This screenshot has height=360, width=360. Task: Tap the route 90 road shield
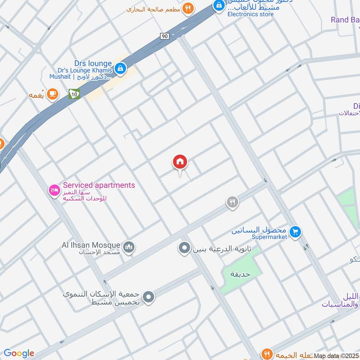pos(163,36)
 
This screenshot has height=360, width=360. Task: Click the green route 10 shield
pos(74,94)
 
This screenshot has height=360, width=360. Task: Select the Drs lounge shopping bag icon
pos(120,69)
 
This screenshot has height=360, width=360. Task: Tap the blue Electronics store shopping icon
pos(219,6)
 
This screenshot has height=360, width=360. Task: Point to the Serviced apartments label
pos(99,185)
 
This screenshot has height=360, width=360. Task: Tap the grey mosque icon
pos(129,248)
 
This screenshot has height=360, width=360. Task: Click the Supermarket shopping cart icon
pos(295,232)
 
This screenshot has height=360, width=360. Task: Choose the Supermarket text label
pos(269,237)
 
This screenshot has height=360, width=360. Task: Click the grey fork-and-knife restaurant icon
pos(232,202)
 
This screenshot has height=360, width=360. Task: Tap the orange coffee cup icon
pos(53,94)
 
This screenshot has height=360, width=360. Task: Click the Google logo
pos(19,353)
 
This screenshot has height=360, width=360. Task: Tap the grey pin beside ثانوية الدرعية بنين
pos(184,248)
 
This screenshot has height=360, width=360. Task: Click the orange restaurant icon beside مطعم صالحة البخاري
pos(188,8)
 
